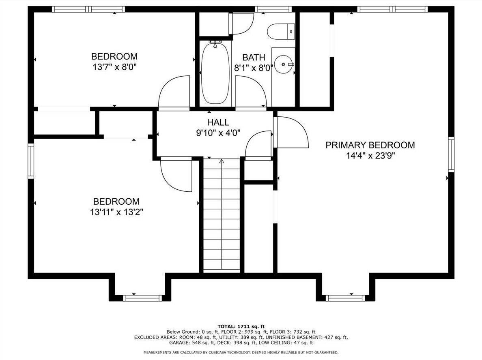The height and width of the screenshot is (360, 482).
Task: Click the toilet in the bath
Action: point(281,32)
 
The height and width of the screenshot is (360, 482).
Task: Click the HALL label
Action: point(218,122)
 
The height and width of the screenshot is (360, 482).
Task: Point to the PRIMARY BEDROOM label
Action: point(370,145)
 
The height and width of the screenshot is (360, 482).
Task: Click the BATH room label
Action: point(254,58)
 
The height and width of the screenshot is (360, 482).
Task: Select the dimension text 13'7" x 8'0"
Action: point(114,67)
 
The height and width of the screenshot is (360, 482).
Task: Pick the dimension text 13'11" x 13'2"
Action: point(116,212)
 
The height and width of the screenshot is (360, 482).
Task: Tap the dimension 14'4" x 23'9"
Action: point(370,156)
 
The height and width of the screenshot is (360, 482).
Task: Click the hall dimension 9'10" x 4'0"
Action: point(218,133)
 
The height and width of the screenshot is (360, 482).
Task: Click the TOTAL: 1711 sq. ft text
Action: point(241,326)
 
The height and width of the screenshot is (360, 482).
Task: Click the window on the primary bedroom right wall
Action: point(451,154)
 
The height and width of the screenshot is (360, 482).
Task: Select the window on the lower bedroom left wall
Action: point(31,161)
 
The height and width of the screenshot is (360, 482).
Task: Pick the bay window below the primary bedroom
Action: point(345,298)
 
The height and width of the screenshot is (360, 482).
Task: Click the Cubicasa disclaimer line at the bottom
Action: point(241,352)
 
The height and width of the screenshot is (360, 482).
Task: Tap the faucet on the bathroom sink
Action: point(290,64)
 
